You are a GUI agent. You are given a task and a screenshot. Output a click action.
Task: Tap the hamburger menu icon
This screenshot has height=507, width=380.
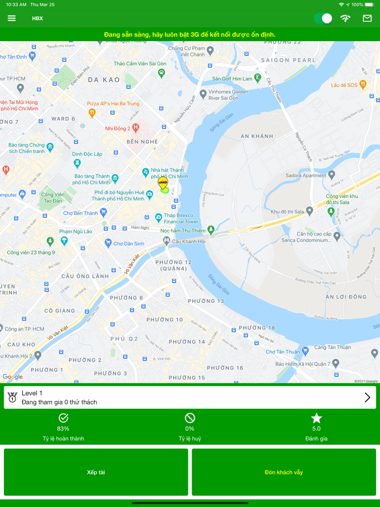[x=11, y=18]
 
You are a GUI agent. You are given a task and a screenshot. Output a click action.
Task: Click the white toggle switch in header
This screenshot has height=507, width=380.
[x=323, y=18]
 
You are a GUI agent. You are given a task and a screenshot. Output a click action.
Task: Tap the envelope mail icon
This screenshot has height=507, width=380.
[x=368, y=18]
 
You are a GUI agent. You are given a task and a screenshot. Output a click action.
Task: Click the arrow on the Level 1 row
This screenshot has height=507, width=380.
[x=368, y=397]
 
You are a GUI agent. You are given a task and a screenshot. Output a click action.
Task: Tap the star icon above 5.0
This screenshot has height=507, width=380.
[x=316, y=418]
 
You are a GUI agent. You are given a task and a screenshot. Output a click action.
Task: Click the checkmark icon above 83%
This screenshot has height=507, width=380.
[x=63, y=418]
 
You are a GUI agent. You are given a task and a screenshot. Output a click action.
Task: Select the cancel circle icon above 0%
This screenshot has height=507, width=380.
[x=189, y=418]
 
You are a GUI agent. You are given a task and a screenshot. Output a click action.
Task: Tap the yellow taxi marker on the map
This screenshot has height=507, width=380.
[x=162, y=183]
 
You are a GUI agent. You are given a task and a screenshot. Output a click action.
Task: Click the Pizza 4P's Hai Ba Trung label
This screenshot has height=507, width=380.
[x=113, y=104]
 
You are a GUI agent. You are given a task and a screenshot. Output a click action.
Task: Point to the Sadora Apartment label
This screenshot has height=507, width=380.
[x=307, y=176]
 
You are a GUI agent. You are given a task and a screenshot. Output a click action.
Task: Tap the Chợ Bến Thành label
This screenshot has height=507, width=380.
[x=80, y=213]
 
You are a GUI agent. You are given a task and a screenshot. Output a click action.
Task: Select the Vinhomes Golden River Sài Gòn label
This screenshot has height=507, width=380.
[x=224, y=95]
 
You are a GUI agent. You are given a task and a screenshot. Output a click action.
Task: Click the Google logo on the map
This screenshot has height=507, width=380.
[x=12, y=377]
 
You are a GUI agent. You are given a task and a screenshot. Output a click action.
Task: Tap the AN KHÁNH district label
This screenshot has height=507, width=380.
[x=257, y=136]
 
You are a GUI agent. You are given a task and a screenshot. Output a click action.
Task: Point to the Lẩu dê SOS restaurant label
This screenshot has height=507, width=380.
[x=345, y=85]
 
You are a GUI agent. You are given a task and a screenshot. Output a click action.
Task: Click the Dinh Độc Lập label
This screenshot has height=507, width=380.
[x=87, y=154]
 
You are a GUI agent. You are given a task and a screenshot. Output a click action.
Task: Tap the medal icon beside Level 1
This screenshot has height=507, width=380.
[x=12, y=397]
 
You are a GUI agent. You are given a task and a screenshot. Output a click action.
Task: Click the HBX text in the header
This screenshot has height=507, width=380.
[x=37, y=18]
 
